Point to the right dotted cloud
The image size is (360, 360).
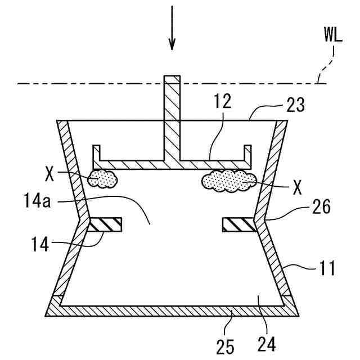pyautogui.click(x=228, y=180)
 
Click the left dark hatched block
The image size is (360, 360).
pyautogui.click(x=105, y=224)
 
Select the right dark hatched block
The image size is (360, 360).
pyautogui.click(x=238, y=224)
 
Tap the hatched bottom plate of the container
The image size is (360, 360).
pyautogui.click(x=169, y=311)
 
